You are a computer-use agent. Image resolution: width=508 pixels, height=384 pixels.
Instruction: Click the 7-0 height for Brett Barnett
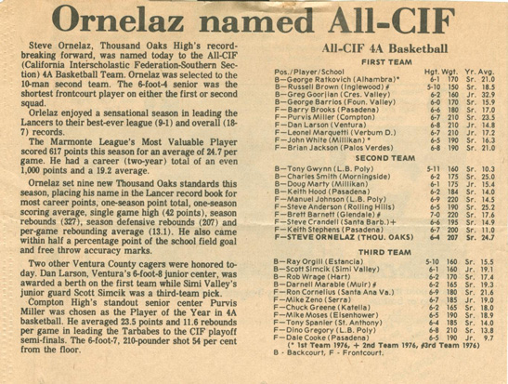click(x=430, y=215)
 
